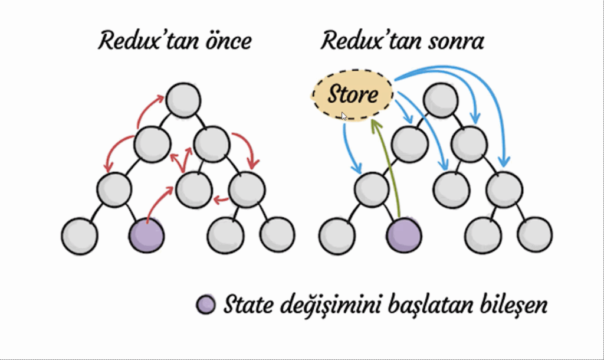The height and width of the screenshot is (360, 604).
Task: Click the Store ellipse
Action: pos(352,94)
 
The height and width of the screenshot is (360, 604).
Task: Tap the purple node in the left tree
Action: pos(146,235)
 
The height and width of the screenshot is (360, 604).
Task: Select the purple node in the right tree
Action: pos(405,235)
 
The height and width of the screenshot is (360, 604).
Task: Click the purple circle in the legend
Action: pos(206,305)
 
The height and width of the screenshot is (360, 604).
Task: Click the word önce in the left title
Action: pos(226,41)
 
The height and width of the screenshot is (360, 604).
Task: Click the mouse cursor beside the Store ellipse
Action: pos(344,116)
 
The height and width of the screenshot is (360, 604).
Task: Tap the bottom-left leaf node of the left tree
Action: pos(78,235)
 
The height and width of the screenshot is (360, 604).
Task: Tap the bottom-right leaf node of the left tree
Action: pos(278,234)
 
